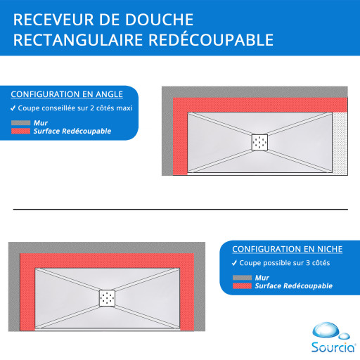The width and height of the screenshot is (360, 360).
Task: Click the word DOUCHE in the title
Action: [159, 20]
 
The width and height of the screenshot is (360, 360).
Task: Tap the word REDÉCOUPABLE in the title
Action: [211, 40]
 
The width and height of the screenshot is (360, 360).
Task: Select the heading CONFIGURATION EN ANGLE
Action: [67, 94]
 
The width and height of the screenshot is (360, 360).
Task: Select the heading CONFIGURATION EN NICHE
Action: [288, 249]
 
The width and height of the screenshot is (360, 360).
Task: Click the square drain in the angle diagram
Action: [259, 142]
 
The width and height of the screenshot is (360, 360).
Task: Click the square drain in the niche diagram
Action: [107, 298]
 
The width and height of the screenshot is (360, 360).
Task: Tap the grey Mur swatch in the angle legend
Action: [20, 123]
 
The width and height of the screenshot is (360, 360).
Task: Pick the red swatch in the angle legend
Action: [20, 131]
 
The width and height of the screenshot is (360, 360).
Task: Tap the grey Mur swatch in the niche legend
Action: [242, 278]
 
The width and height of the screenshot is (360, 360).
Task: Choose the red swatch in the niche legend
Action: [242, 286]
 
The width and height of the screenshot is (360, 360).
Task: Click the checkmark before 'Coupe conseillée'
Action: [13, 108]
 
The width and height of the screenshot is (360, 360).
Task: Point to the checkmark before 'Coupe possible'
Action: [234, 263]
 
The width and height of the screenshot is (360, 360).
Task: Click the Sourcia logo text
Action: [333, 347]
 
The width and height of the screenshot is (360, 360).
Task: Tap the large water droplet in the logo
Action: [326, 330]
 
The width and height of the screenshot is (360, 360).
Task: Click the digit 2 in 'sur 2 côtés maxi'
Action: [92, 108]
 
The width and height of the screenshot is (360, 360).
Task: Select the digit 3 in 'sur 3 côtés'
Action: [308, 263]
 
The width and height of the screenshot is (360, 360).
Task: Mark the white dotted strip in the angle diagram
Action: [340, 143]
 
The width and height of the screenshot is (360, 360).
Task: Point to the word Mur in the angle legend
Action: [41, 123]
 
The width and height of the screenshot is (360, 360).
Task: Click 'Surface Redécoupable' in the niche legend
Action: [294, 286]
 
